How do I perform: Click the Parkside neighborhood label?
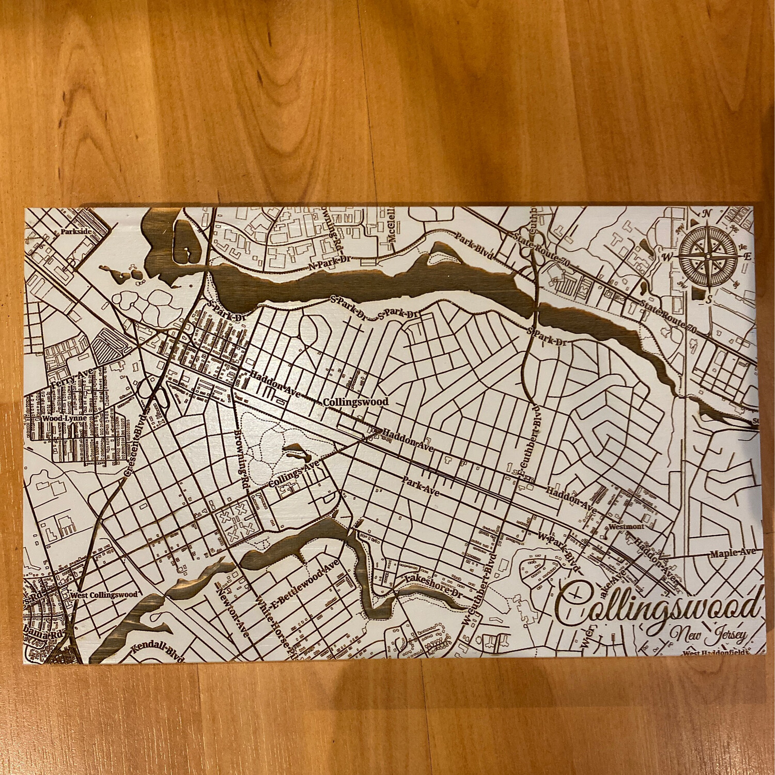pos(75,232)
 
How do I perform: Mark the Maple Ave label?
pos(733,553)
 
